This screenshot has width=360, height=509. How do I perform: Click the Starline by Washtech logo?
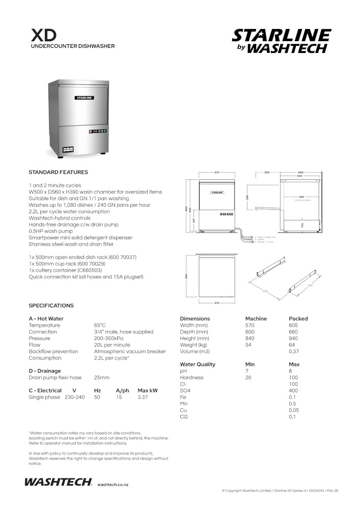point(281,41)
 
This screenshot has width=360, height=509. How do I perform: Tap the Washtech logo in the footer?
point(58,482)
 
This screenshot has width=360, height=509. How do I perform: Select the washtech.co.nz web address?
point(113,485)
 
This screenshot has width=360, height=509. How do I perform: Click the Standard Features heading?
point(58,172)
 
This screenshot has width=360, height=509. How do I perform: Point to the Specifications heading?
point(51,305)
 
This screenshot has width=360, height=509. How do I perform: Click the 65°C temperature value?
point(100,325)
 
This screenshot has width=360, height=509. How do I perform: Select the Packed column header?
point(298,319)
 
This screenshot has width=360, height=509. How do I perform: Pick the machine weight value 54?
point(248,345)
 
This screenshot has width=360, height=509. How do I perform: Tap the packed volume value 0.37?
point(294,352)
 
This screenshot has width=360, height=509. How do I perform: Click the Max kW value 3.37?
point(143,397)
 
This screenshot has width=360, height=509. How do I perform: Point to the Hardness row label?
point(191,378)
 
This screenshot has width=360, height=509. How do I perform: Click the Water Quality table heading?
point(198,364)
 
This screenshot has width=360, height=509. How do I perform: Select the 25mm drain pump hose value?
point(102,378)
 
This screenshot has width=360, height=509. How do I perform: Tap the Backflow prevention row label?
point(53,351)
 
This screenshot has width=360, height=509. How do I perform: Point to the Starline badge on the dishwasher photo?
point(84,97)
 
